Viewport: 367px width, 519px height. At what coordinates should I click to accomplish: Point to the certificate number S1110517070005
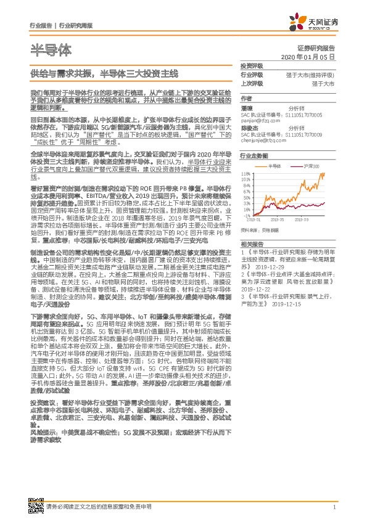pos(305,114)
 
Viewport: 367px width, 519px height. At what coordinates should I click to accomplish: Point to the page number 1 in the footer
pos(334,507)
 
